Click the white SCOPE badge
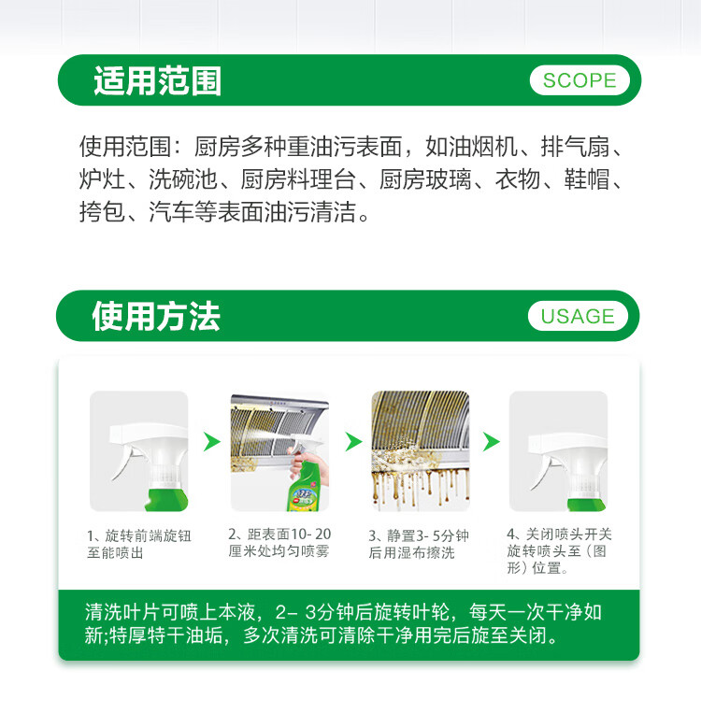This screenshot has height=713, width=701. [579, 80]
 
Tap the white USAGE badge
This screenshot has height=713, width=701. [578, 316]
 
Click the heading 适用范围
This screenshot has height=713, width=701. [157, 80]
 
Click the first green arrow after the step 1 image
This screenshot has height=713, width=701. [212, 441]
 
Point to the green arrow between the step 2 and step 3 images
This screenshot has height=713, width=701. [352, 441]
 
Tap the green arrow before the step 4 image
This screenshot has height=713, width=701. [491, 441]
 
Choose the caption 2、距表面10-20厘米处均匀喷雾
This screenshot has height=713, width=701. [279, 543]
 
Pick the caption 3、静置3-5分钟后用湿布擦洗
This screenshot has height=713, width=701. [419, 544]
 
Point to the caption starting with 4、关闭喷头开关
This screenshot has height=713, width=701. [559, 550]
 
